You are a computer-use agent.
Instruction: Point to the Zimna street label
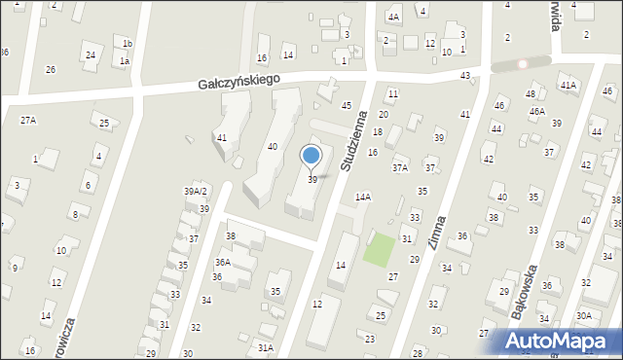pos(437,234)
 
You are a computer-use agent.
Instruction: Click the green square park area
pos(381,249)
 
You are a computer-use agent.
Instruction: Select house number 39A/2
pos(197,192)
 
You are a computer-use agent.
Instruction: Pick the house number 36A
pos(223,263)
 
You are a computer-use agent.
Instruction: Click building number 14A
pos(362,197)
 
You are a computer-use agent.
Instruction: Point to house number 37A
pos(400,168)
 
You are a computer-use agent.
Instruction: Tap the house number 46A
pos(537,112)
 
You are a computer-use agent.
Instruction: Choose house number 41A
pos(568,86)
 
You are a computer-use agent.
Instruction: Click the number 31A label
pos(265,347)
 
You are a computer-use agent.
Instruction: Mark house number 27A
pos(28,120)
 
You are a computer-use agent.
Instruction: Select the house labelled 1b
pos(128,44)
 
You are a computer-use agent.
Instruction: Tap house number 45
pos(347,105)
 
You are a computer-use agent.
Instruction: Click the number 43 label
pos(465,75)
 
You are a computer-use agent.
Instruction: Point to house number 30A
pos(583,315)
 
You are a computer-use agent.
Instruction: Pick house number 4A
pos(393,17)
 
